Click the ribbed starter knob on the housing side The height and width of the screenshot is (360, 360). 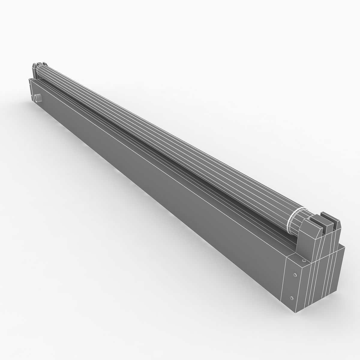[x=38, y=98]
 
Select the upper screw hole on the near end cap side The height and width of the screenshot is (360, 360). [x=295, y=275]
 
